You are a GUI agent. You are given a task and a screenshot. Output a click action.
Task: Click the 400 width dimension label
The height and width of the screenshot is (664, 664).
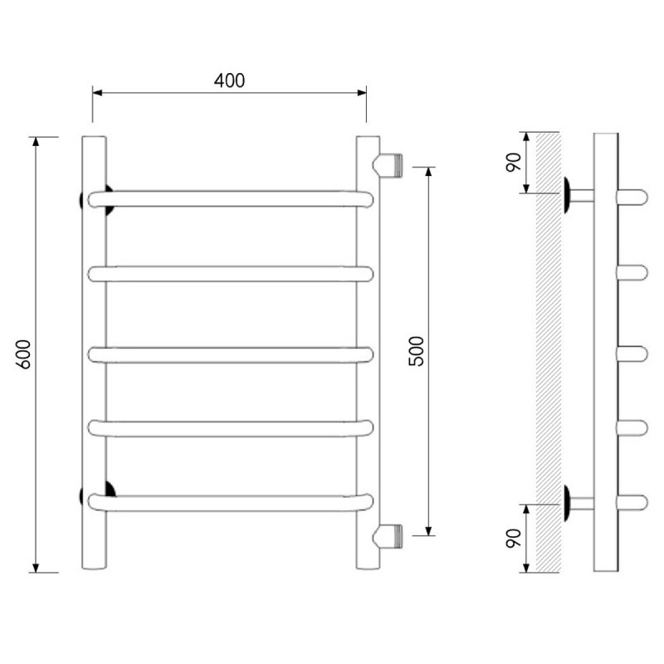pyautogui.click(x=229, y=81)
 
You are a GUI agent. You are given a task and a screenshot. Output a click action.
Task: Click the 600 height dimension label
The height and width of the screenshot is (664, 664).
pyautogui.click(x=24, y=354)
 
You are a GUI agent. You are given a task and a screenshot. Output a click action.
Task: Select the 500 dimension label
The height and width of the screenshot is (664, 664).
pyautogui.click(x=416, y=350)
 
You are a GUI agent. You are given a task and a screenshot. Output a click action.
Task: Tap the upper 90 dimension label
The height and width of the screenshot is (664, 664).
pyautogui.click(x=514, y=162)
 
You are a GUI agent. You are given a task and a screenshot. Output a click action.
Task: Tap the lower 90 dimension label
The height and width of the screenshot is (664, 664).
pyautogui.click(x=514, y=538)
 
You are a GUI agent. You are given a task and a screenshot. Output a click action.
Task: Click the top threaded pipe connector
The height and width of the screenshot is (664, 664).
pyautogui.click(x=388, y=165)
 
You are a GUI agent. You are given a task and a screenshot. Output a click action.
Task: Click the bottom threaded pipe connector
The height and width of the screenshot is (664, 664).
pyautogui.click(x=388, y=536)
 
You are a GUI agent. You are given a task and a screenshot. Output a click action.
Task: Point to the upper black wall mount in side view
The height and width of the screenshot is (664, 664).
pyautogui.click(x=567, y=195)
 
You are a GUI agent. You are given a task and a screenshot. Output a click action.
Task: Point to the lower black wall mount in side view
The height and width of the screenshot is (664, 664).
pyautogui.click(x=567, y=503)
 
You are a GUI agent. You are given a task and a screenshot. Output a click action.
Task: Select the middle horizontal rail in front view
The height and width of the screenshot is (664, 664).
pyautogui.click(x=231, y=355)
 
